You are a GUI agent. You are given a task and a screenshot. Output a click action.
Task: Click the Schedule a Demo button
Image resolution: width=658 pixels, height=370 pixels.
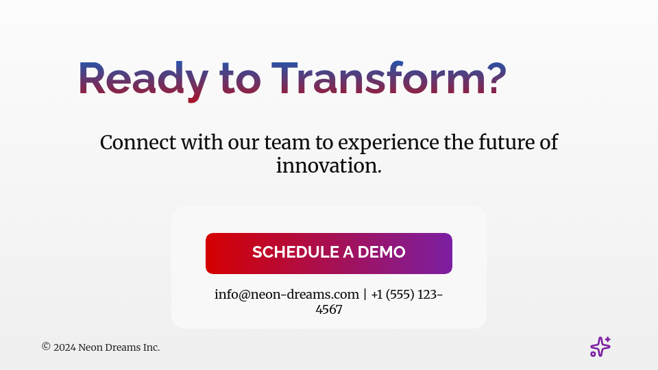coord(329,253)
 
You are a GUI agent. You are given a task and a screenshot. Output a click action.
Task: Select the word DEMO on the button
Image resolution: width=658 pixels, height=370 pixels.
coord(381,252)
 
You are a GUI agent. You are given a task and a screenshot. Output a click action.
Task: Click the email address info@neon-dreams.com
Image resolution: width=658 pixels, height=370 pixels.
coord(287,295)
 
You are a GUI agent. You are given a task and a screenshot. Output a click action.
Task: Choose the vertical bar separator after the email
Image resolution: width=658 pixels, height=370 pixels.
coord(365,295)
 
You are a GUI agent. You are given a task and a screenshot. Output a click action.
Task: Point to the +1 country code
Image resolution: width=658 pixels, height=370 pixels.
coord(377,295)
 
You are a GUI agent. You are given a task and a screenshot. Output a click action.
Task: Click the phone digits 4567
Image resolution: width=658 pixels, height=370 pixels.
coord(329,310)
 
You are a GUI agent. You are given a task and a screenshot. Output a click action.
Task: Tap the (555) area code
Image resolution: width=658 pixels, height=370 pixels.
coord(400,295)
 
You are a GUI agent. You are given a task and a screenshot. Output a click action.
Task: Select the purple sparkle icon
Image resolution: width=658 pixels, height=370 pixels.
coord(600,347)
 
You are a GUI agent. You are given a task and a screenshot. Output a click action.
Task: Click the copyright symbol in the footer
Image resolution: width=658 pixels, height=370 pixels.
coord(46,347)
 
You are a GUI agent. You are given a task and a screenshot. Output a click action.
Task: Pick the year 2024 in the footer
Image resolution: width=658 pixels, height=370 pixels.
coord(64,347)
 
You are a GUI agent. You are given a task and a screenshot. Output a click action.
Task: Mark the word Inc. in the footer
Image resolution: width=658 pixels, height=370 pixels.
coord(151,347)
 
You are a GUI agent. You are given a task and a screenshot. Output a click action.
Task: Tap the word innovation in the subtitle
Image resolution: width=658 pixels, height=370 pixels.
coord(329,166)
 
